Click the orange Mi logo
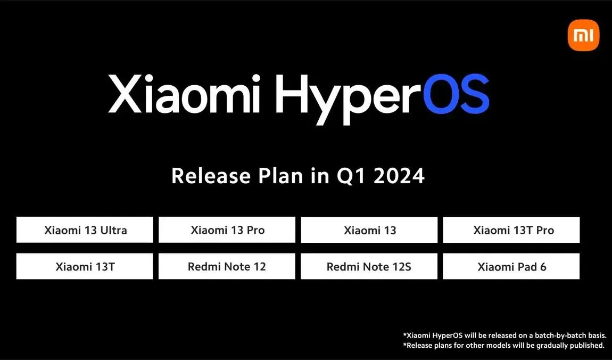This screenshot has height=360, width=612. (583, 35)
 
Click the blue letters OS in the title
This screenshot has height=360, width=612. (456, 94)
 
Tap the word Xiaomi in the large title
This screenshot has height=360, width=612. (184, 94)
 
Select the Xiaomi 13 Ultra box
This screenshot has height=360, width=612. (85, 230)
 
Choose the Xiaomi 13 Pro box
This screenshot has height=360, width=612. (227, 230)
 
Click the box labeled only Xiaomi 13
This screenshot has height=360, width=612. (369, 230)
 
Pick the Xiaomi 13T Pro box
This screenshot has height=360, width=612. (511, 230)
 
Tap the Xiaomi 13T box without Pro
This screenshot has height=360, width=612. (85, 266)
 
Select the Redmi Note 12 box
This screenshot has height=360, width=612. (227, 266)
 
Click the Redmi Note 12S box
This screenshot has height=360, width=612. (369, 266)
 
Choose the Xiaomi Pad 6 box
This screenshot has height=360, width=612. (511, 266)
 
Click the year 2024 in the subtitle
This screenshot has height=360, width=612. (399, 176)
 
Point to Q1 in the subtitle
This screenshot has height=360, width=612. (351, 176)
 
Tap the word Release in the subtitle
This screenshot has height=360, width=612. (211, 176)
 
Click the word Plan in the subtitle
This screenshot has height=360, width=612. (280, 176)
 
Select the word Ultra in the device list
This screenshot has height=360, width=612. (113, 230)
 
